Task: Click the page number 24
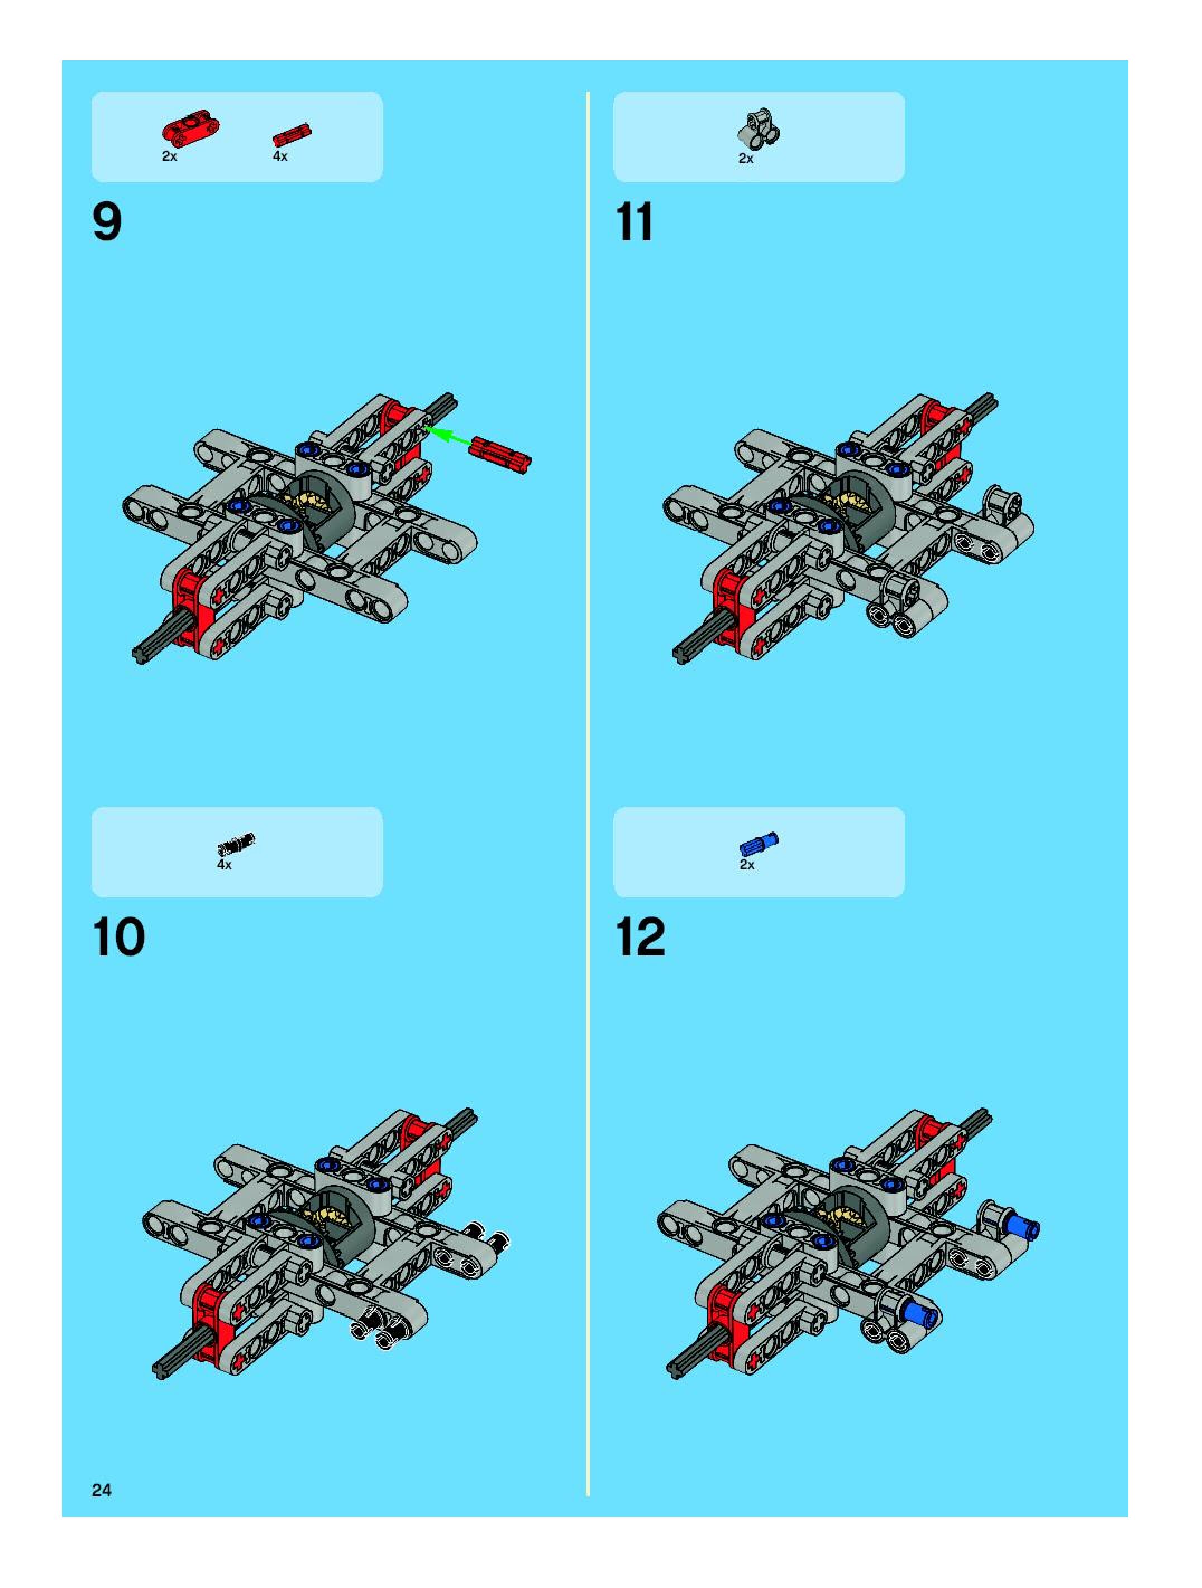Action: point(101,1490)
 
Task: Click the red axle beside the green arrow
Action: point(500,456)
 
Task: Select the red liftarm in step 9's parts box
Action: point(190,129)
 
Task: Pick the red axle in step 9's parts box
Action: point(292,134)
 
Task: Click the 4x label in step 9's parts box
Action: point(280,156)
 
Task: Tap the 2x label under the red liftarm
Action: point(169,156)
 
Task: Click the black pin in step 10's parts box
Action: point(236,842)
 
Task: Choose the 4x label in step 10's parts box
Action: point(225,865)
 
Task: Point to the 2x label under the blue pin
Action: point(747,865)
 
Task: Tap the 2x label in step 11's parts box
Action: point(746,159)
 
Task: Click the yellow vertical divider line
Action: point(588,790)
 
